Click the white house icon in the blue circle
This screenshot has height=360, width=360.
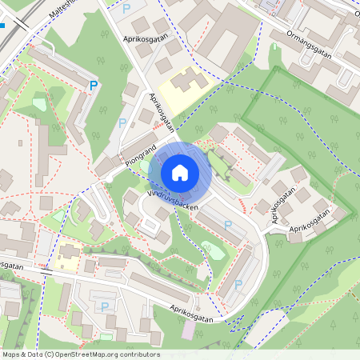[x=180, y=172]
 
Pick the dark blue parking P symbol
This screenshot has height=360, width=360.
[x=94, y=86]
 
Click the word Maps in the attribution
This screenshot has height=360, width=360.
[x=11, y=354]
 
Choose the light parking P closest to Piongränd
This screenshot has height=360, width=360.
[x=122, y=122]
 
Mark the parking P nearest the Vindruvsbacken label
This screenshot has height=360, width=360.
[x=228, y=226]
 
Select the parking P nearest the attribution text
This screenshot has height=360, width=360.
[x=104, y=306]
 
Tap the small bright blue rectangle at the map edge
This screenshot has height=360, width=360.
[x=3, y=26]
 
